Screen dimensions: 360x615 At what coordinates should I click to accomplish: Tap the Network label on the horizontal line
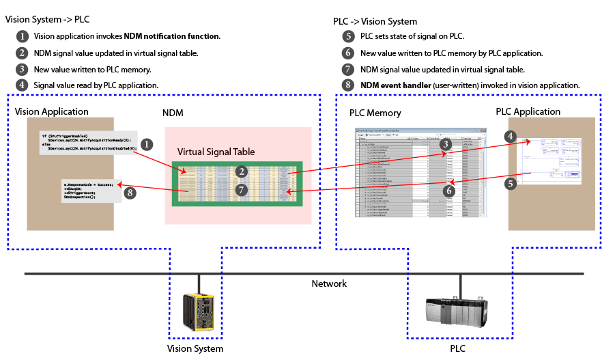(329, 283)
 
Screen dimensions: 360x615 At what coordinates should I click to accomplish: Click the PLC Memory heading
(375, 113)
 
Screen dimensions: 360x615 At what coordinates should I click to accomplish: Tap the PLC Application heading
(528, 111)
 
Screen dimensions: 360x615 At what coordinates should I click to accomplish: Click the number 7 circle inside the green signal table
(241, 190)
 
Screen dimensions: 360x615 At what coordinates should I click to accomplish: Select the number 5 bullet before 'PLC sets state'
(349, 36)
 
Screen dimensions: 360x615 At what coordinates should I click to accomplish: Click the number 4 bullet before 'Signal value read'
(23, 85)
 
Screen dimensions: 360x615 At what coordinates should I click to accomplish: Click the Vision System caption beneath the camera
(195, 348)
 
